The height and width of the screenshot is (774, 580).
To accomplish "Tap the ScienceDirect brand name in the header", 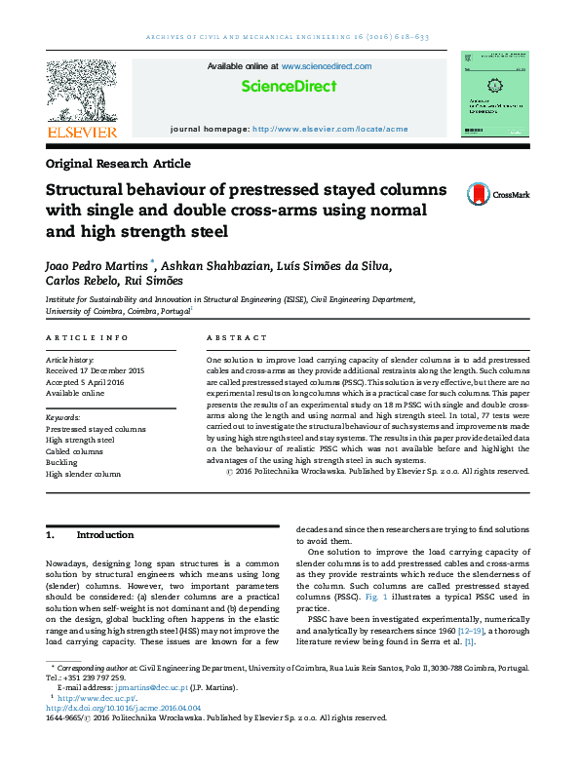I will click(290, 87).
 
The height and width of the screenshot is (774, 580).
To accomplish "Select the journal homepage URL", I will click(329, 129).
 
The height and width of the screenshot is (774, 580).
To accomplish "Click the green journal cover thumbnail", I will click(494, 94).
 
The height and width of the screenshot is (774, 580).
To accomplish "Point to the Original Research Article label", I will click(118, 164).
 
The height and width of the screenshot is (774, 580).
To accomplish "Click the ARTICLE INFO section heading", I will click(87, 337).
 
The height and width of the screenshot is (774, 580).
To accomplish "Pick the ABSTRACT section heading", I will click(237, 337).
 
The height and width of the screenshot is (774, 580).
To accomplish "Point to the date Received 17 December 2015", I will click(96, 370).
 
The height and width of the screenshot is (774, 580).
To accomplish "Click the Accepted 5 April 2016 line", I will click(86, 382).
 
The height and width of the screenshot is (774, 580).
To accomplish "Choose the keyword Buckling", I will click(63, 462).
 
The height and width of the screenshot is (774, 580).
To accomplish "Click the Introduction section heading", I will click(105, 535).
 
